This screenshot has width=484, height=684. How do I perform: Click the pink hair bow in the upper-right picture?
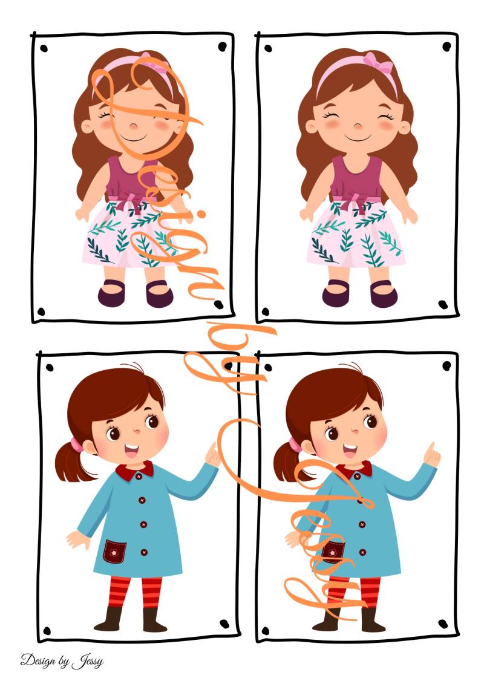378,62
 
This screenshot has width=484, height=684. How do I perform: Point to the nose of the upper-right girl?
358,126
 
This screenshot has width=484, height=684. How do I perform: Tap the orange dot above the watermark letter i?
201,214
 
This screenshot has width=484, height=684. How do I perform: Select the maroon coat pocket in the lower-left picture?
114,552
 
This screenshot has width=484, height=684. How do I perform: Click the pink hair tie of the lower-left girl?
77,445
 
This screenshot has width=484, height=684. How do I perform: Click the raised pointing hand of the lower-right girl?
431,455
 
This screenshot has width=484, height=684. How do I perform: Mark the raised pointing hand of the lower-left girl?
213,455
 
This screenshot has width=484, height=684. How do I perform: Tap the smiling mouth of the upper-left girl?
134,138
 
